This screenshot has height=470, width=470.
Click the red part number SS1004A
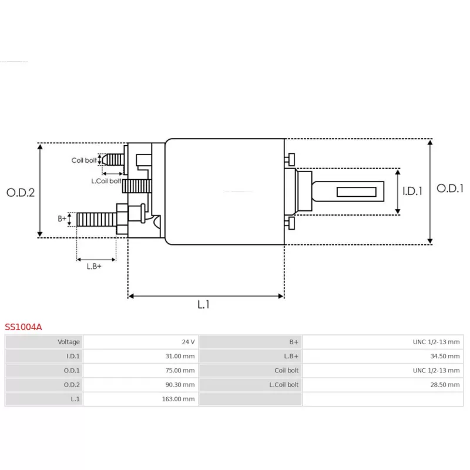click(23, 327)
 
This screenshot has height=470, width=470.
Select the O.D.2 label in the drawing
click(21, 193)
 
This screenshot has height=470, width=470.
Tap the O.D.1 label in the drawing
click(450, 188)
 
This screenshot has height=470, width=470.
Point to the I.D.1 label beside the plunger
click(412, 191)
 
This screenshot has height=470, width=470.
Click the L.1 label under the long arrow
click(203, 304)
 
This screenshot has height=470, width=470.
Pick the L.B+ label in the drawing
click(94, 266)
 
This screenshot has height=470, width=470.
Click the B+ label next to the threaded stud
click(62, 219)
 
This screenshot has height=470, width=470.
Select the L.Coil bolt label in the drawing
click(106, 181)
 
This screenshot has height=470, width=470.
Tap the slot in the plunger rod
click(357, 192)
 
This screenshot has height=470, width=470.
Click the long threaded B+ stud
click(96, 219)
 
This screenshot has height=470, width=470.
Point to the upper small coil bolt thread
click(113, 159)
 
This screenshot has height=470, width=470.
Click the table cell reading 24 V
click(140, 342)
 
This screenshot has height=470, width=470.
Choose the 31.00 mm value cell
click(140, 356)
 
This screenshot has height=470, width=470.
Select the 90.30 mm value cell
click(140, 385)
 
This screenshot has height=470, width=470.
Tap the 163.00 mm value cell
click(140, 399)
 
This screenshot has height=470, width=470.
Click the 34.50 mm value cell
click(383, 356)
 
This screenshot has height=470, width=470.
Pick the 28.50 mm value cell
click(383, 385)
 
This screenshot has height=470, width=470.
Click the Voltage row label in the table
click(69, 342)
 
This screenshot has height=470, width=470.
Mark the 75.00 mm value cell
click(140, 371)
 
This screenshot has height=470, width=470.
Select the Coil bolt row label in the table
click(286, 371)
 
